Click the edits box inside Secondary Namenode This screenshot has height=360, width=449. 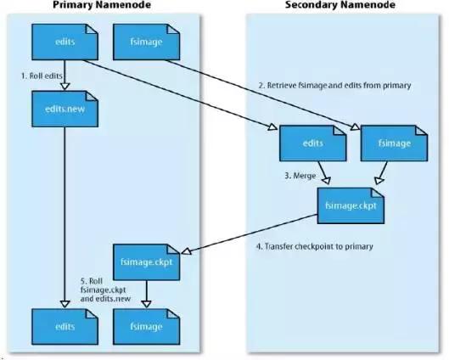[x=312, y=144]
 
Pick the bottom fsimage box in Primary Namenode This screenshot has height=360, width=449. [x=146, y=325]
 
